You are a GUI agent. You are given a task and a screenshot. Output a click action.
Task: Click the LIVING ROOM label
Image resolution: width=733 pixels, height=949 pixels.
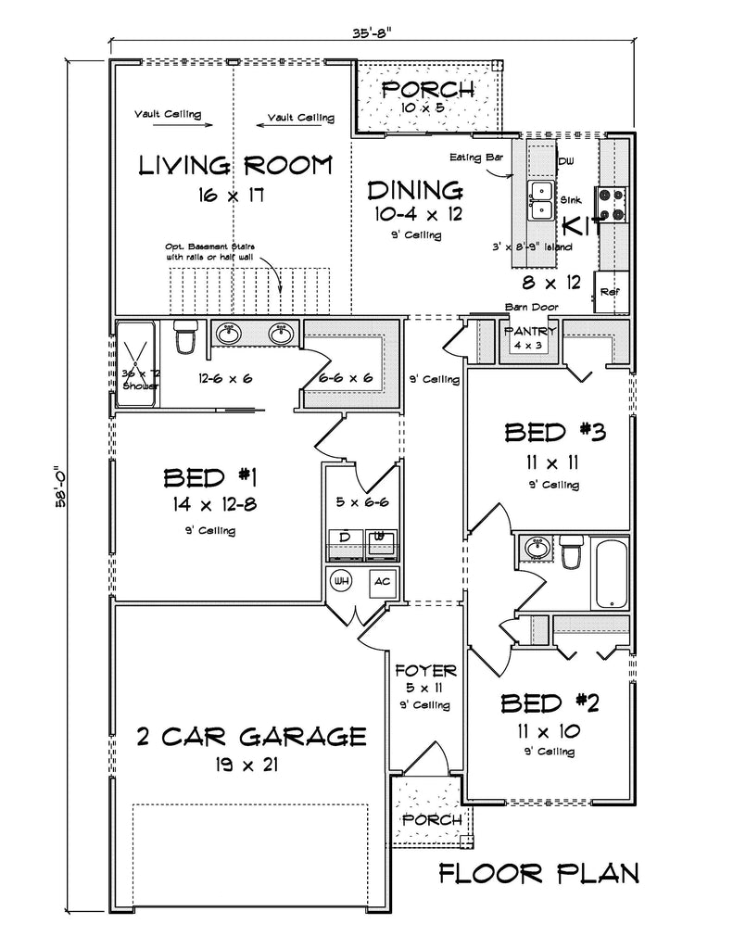click(234, 166)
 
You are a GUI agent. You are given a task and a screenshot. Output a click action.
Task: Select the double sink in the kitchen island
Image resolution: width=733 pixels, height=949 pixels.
click(541, 199)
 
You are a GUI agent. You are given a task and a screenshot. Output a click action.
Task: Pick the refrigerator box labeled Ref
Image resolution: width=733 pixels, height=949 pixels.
click(610, 291)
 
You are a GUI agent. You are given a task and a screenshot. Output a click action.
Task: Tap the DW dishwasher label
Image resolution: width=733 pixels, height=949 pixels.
click(566, 161)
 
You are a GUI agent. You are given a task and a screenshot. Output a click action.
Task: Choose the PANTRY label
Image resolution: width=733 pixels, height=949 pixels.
click(530, 332)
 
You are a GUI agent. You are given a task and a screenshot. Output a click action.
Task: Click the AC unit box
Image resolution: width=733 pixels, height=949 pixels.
click(380, 582)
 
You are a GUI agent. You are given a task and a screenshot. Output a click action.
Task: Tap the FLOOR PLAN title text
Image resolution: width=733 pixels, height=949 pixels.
click(538, 872)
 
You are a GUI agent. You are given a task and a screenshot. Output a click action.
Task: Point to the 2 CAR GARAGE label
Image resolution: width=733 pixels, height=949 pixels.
click(250, 737)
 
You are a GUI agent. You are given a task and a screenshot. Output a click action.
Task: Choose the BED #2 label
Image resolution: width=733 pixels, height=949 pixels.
click(550, 703)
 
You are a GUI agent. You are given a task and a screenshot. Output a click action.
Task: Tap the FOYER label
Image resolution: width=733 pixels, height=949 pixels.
click(425, 670)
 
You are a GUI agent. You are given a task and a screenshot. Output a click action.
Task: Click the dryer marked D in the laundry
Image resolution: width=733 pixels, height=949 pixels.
click(345, 540)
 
